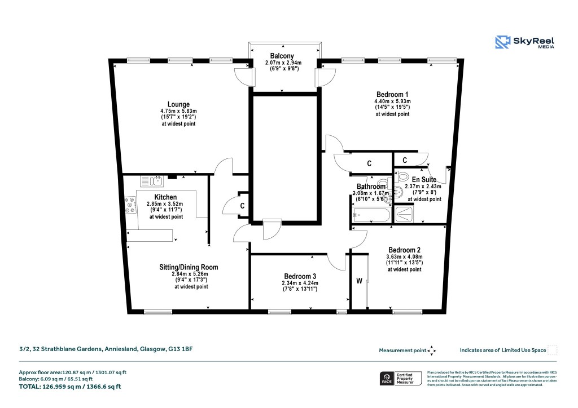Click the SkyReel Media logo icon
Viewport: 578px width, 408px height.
tap(502, 42)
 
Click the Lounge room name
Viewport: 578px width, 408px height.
tap(178, 104)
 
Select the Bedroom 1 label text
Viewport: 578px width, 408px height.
tap(392, 94)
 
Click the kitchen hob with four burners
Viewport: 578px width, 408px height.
tap(130, 205)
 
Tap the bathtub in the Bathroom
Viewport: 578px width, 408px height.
tap(370, 215)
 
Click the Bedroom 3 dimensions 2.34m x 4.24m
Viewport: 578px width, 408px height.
tap(300, 283)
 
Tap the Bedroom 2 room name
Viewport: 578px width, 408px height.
tap(404, 250)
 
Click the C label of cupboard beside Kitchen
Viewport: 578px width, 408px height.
tap(242, 206)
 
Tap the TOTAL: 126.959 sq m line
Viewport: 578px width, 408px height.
tap(70, 387)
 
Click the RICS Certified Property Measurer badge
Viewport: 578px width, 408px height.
tap(399, 378)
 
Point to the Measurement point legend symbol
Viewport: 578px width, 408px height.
tap(432, 351)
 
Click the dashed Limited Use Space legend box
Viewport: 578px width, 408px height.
tap(553, 350)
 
